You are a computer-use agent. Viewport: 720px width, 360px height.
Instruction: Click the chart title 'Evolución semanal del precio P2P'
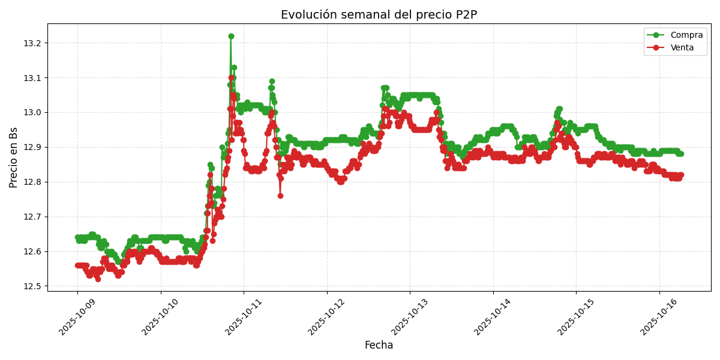379,15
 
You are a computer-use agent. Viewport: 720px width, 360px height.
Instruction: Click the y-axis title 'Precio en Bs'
14,157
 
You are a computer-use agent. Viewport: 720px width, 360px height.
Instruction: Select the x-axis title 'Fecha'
379,346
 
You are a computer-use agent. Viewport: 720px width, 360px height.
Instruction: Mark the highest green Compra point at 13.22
231,36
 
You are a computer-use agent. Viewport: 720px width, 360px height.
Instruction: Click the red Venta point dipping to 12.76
280,196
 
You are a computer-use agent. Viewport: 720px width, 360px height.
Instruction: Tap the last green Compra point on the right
680,154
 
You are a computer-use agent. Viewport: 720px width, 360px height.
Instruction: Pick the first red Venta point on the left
77,265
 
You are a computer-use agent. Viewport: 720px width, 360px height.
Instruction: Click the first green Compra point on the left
77,238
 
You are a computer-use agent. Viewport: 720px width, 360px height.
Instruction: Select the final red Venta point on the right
680,175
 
